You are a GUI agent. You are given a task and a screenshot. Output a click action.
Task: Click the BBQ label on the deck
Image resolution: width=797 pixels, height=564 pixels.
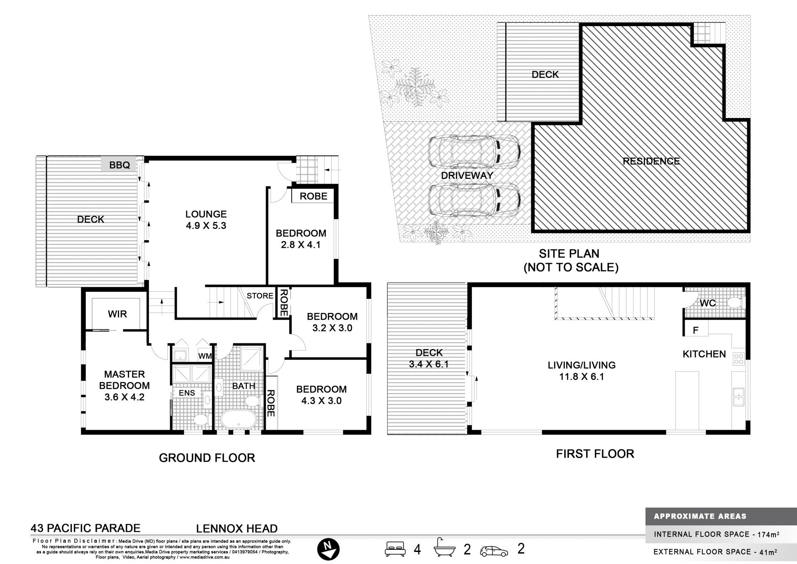120,165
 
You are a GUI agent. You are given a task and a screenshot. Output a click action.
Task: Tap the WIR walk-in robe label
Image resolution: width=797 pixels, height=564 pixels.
117,314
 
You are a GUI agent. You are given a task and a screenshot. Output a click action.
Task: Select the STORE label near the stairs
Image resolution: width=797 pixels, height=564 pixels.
260,296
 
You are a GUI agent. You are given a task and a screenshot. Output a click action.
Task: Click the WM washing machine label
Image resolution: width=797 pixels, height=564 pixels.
205,356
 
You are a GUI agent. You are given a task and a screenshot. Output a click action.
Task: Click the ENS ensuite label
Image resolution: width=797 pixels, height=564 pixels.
187,393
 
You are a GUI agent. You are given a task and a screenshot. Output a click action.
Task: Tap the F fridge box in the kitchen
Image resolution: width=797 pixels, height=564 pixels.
696,330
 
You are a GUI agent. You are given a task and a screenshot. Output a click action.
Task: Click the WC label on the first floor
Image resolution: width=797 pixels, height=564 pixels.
707,303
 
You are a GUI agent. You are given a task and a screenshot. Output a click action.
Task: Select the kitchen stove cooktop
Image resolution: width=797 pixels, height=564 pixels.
738,359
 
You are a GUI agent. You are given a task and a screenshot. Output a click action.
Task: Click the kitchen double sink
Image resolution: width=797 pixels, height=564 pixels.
738,397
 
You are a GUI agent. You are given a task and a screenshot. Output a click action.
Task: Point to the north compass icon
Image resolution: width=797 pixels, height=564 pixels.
328,549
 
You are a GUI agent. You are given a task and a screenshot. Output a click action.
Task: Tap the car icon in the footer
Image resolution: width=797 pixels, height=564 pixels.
494,551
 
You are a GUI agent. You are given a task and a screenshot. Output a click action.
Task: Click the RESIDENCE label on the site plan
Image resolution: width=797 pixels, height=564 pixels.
651,161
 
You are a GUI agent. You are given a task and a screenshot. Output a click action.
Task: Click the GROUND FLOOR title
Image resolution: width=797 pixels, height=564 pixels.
207,458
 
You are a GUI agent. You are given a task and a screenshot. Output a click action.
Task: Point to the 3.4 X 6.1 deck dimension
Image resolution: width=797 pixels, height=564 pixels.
429,365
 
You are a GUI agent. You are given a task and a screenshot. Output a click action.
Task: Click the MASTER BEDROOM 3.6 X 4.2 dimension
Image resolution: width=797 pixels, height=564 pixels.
125,397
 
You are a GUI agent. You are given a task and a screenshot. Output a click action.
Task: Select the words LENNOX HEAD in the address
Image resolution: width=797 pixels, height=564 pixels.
237,529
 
